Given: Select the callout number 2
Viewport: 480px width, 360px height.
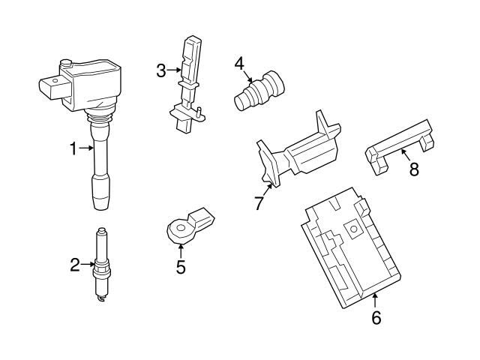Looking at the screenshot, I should (74, 264).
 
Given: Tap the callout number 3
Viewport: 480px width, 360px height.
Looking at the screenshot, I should (160, 70).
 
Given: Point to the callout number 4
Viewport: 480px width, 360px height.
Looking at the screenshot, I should (239, 63).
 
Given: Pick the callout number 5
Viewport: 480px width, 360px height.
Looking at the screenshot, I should (181, 266).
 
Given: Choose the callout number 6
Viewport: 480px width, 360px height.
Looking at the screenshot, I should (376, 318).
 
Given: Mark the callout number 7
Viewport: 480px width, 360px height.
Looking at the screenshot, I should (259, 202).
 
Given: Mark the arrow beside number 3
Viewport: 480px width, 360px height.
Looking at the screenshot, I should (174, 70).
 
